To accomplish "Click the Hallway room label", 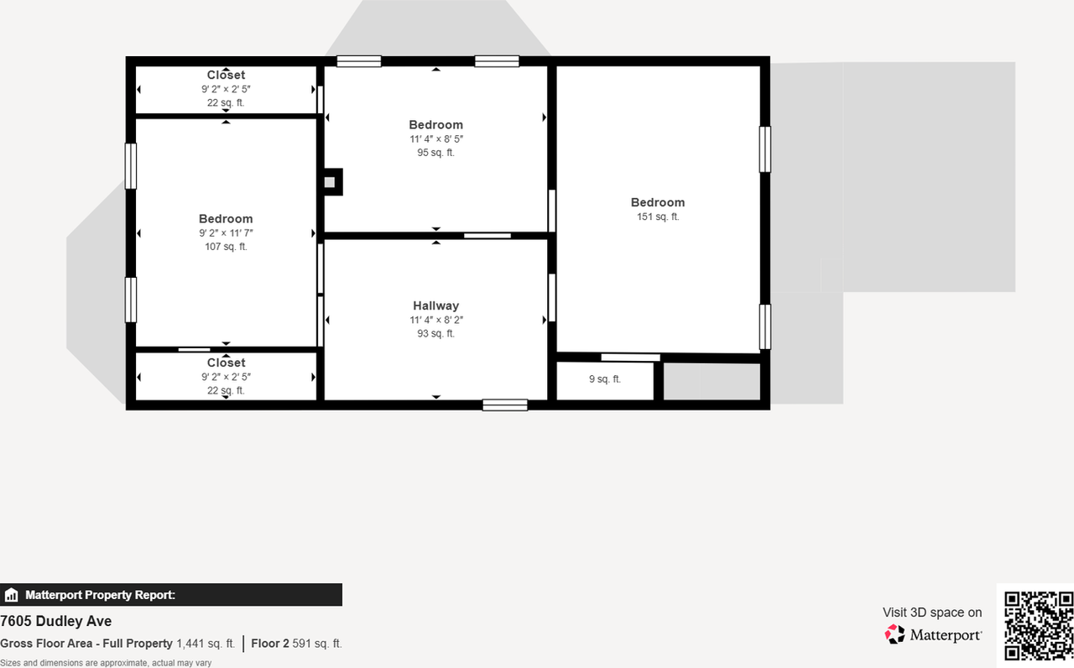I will (435, 305).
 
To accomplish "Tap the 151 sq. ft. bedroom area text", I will (658, 217).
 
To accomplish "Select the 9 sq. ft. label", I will (604, 379).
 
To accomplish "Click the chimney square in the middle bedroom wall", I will (330, 181).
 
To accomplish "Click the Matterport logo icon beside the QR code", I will (895, 634).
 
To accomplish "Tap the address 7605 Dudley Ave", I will (56, 621).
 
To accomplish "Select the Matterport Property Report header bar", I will (171, 595).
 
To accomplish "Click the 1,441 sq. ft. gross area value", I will (206, 644).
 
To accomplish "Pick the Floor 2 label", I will (269, 644).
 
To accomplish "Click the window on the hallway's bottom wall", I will (504, 405).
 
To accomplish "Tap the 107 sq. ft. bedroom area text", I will (226, 247).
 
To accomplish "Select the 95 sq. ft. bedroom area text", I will (435, 153).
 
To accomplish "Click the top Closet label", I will (226, 75).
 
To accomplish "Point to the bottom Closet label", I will (226, 363).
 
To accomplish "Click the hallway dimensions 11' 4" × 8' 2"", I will (435, 320).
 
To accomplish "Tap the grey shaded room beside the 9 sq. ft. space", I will (712, 382).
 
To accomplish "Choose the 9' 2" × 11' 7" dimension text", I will (226, 233).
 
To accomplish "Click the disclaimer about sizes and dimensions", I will (106, 663).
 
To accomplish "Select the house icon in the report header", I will (12, 595).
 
